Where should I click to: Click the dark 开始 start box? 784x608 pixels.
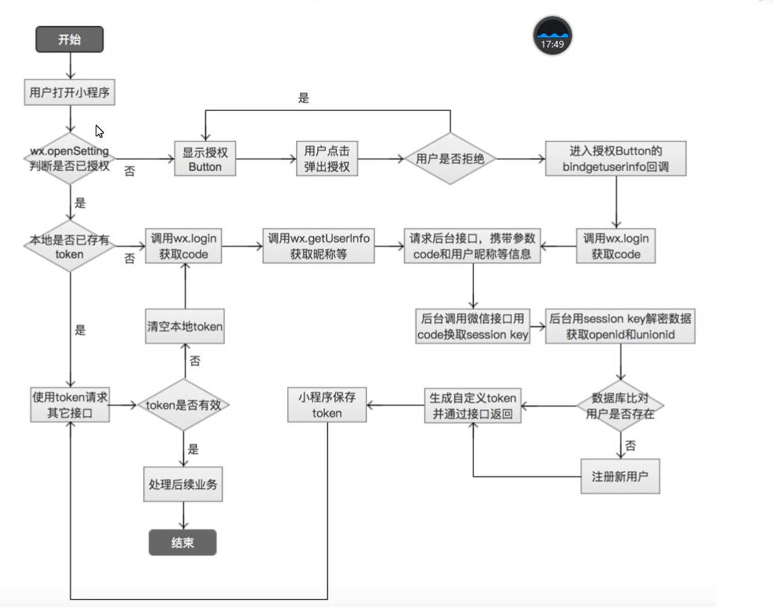(69, 40)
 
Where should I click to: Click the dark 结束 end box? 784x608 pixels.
(182, 543)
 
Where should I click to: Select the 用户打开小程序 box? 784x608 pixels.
(69, 92)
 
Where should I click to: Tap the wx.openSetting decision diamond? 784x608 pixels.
(69, 159)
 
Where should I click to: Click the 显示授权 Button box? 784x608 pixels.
(205, 159)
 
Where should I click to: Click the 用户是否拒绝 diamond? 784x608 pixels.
(450, 159)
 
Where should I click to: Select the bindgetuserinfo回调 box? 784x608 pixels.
(615, 159)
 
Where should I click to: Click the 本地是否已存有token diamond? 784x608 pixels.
(69, 246)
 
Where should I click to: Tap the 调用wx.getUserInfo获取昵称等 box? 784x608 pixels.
(318, 246)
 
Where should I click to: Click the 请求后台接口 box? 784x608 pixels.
(473, 246)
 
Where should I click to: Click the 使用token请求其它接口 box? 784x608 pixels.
(69, 405)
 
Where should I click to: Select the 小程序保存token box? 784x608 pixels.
(327, 405)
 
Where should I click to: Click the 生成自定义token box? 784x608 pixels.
(472, 406)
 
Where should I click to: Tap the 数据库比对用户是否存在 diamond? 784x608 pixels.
(620, 406)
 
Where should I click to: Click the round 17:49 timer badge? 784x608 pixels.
(552, 36)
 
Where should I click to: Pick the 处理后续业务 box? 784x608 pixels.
(183, 485)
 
